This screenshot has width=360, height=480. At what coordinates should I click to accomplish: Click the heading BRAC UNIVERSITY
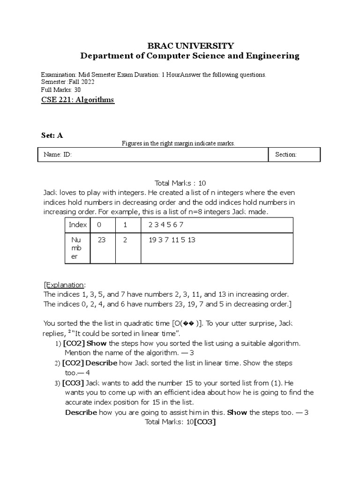[x=190, y=45]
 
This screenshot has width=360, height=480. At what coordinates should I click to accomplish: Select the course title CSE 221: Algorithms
[x=78, y=100]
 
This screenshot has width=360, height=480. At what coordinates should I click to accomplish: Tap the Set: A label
[x=52, y=135]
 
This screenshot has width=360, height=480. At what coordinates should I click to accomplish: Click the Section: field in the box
[x=286, y=155]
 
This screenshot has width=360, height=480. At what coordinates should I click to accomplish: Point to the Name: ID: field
[x=58, y=155]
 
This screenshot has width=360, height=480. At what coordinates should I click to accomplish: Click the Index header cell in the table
[x=78, y=225]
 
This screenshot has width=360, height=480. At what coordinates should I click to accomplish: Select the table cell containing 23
[x=102, y=240]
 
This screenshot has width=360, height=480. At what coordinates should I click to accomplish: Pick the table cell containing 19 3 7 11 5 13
[x=172, y=240]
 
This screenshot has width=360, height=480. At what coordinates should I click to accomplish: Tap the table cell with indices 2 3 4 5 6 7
[x=162, y=225]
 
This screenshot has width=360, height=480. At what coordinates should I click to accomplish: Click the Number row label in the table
[x=76, y=248]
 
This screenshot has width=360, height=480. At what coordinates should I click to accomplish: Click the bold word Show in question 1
[x=97, y=344]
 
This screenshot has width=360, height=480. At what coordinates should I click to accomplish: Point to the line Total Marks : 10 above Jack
[x=180, y=183]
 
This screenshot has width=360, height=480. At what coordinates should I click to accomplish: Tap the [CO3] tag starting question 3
[x=73, y=383]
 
